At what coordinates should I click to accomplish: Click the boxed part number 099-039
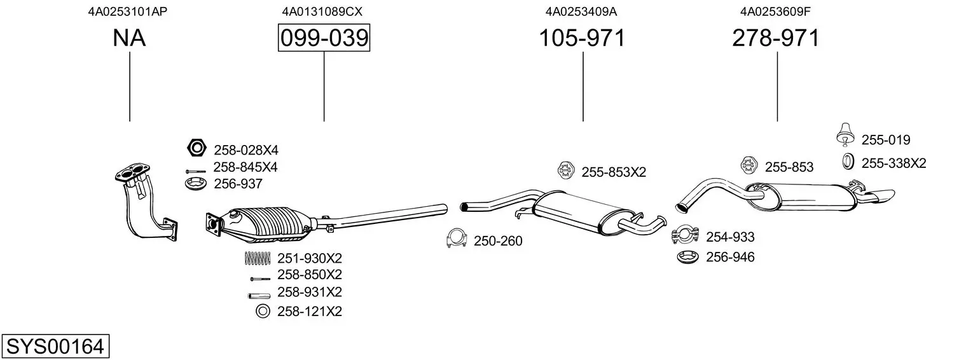(324, 39)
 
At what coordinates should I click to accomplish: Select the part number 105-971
(582, 39)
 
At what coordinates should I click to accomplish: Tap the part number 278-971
(776, 39)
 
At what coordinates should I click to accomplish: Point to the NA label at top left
(129, 39)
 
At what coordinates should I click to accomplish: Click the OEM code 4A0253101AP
(128, 11)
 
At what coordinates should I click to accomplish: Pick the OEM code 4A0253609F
(775, 11)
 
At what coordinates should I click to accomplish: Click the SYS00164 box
(55, 347)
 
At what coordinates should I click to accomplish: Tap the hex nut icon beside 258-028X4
(197, 149)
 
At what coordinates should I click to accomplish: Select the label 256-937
(238, 184)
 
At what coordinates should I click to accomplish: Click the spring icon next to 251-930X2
(258, 258)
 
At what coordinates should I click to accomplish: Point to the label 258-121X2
(310, 312)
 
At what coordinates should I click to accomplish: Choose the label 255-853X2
(614, 172)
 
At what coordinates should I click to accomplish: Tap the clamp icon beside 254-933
(684, 236)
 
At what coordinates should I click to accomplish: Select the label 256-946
(730, 258)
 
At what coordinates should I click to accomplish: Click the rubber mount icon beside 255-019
(845, 134)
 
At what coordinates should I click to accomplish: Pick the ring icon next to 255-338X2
(848, 163)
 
